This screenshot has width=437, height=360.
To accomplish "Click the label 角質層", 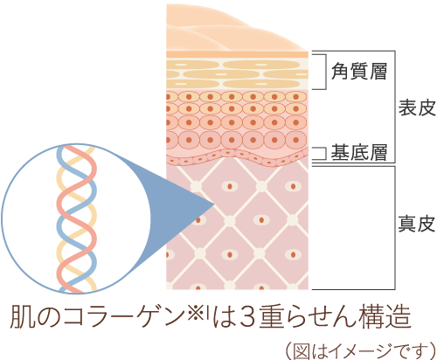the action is [359, 72].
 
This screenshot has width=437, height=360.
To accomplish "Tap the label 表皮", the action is [417, 107].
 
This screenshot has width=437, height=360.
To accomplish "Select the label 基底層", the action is [359, 152].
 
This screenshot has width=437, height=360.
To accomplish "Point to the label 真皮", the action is [417, 224].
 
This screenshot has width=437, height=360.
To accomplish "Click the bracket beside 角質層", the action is [325, 72].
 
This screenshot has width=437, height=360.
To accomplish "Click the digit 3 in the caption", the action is [248, 317].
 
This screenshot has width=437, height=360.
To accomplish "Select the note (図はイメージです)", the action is [360, 350].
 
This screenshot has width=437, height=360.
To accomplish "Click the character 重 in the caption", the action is [271, 317].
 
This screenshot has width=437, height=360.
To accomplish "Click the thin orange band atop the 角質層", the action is [237, 54].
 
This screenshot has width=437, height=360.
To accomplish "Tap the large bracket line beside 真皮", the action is [395, 228].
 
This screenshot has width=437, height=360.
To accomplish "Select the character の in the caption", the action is [49, 317].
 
